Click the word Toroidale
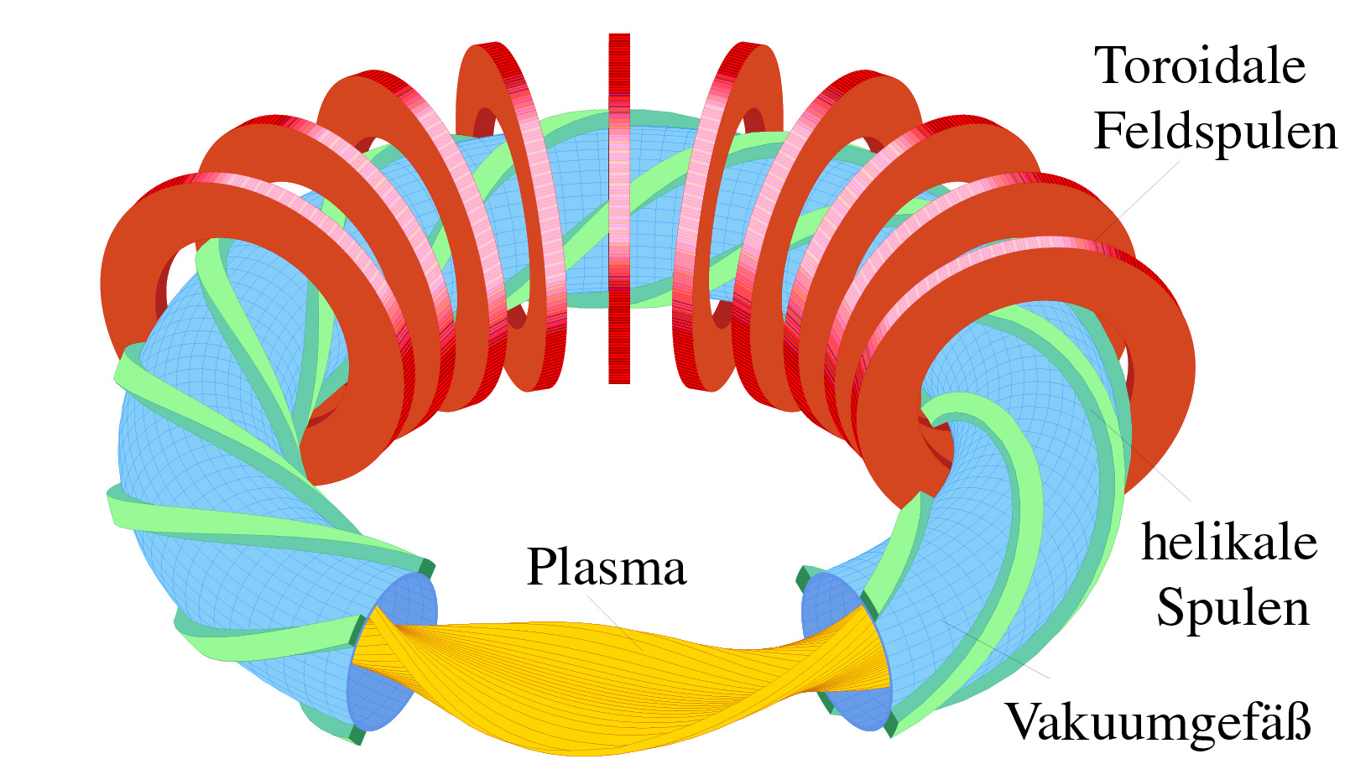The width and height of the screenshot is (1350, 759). [x=1200, y=66]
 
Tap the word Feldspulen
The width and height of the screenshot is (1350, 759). [x=1215, y=132]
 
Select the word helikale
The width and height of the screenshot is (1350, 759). [x=1228, y=543]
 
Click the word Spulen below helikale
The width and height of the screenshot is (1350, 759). [x=1233, y=608]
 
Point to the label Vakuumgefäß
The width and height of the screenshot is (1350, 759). [x=1158, y=722]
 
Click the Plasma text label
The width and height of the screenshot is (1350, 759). [x=607, y=568]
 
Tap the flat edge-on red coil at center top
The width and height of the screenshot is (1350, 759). [x=619, y=210]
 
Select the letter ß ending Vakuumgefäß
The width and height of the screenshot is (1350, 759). [x=1298, y=722]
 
